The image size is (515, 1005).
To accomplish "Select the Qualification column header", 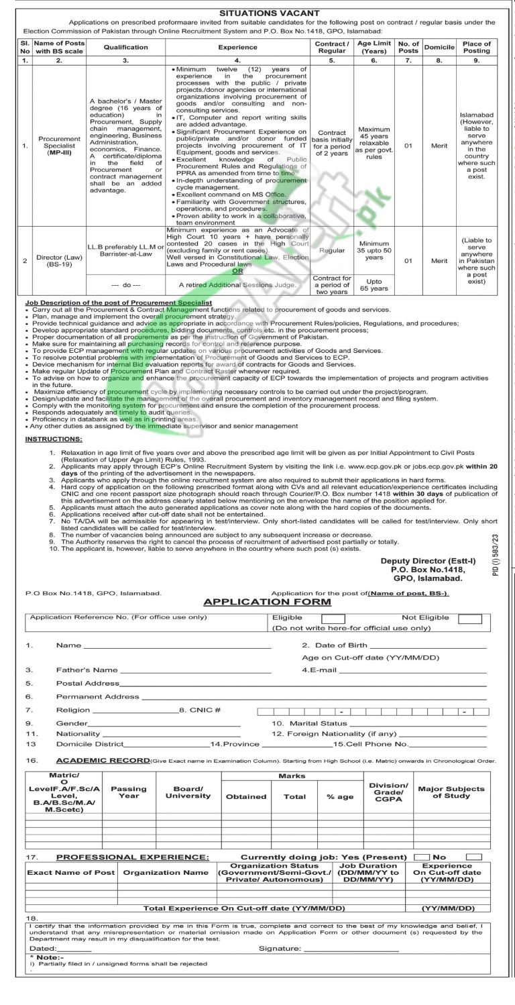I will pos(125,48).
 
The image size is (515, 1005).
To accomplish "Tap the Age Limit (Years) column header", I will pos(374,48).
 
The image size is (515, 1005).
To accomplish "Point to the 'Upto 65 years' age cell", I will pos(374,284).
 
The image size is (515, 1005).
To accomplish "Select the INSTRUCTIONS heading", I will pos(54,439).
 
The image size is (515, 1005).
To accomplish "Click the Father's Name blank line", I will pos(194,670).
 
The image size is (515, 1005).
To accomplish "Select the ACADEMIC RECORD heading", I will pos(103,761).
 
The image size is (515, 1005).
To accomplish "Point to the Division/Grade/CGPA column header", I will pos(388,792).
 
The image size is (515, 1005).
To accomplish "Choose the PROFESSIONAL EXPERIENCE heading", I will pos(133,857).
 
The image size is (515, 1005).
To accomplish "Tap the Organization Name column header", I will pos(166,873).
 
